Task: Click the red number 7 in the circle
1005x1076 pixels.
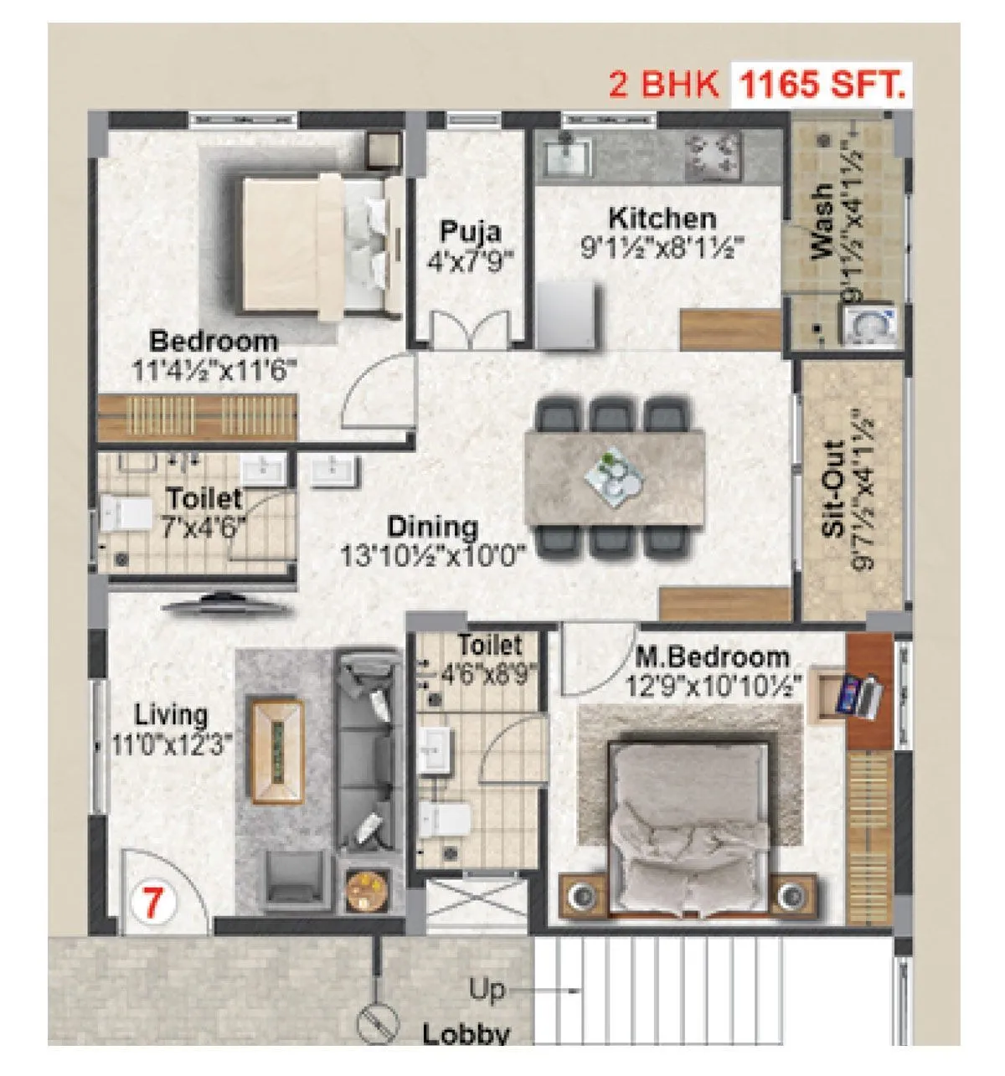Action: tap(152, 904)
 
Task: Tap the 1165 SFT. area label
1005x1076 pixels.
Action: tap(820, 85)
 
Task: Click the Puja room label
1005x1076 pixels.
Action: tap(470, 229)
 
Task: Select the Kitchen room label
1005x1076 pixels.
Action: tap(662, 219)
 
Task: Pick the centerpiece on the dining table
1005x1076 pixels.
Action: tap(616, 476)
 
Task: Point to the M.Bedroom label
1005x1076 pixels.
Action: tap(712, 657)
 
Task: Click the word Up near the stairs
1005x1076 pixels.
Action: tap(486, 990)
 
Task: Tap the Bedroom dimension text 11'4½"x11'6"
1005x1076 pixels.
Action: tap(214, 370)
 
